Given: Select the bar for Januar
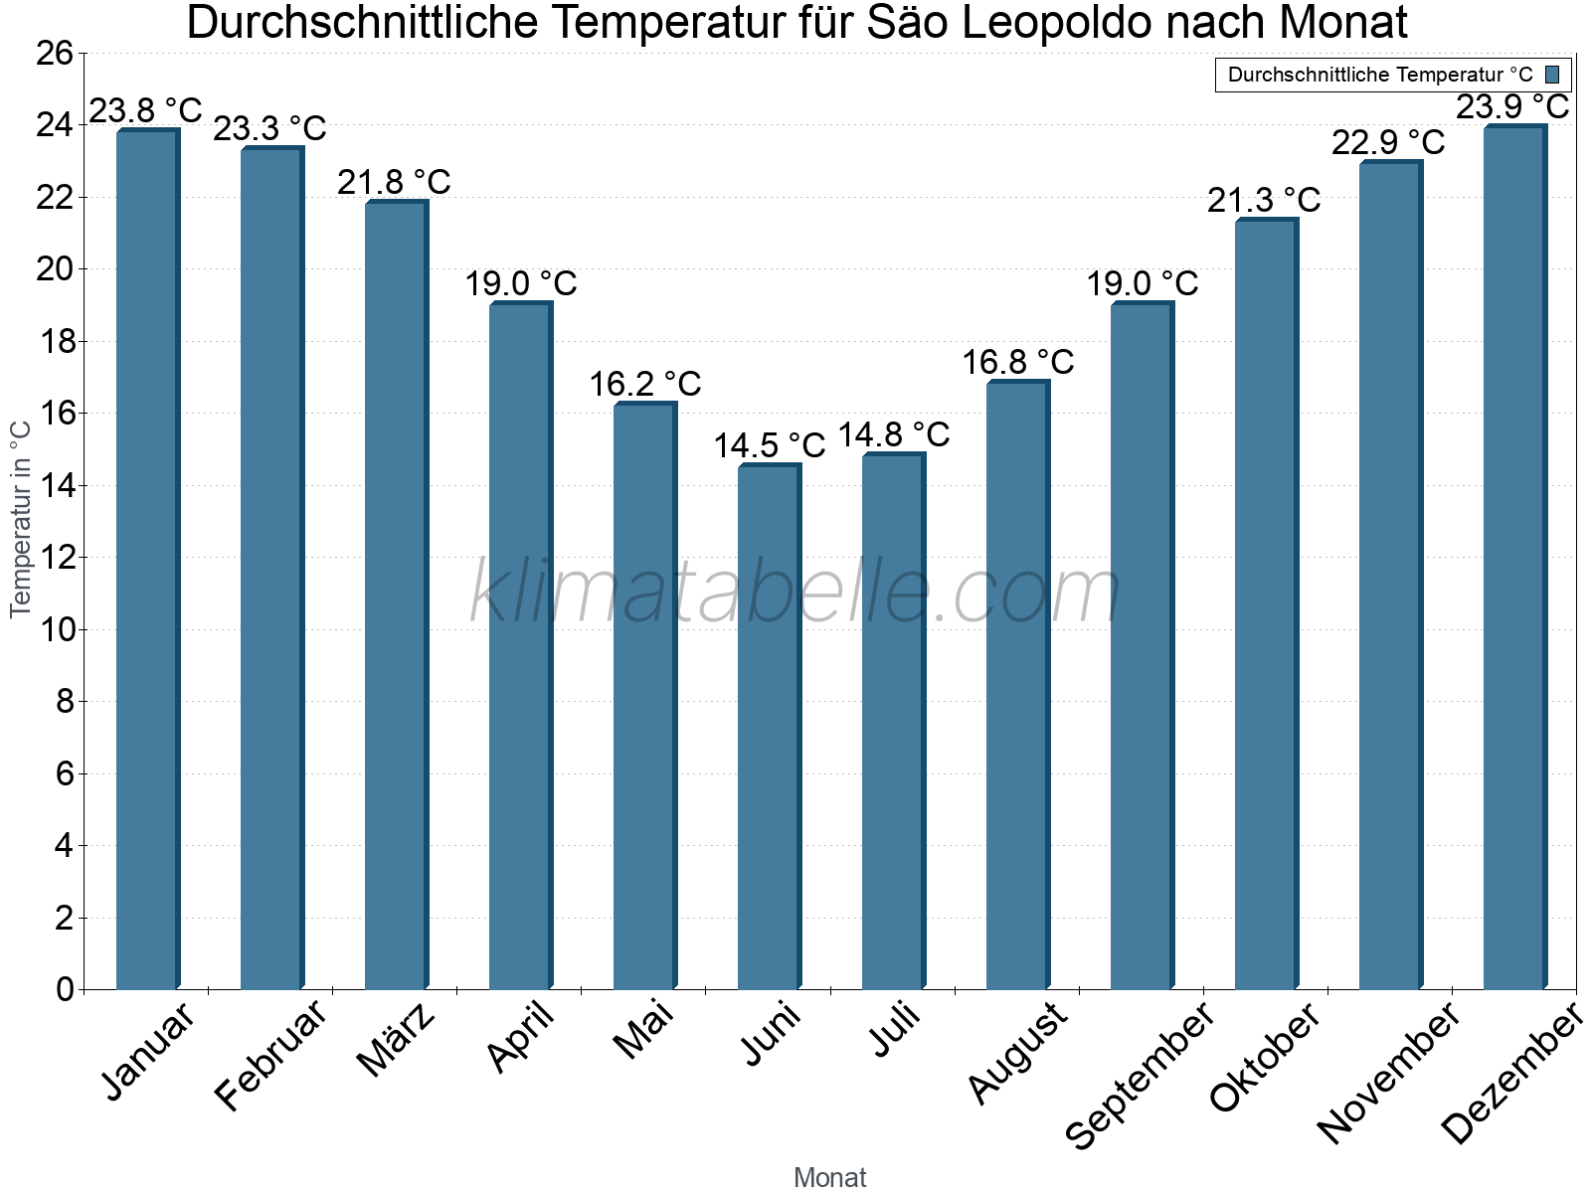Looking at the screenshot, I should click(147, 560).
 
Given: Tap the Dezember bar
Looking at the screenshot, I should click(1514, 558).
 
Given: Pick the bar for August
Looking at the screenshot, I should click(1017, 685).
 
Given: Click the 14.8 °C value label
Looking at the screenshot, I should click(894, 435).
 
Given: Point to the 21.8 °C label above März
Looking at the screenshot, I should click(394, 183).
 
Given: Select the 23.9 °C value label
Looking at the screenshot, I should click(1512, 106).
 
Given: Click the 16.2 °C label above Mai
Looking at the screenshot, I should click(645, 384).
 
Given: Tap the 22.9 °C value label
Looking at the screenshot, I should click(1388, 143).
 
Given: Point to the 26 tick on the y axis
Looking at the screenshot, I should click(55, 54).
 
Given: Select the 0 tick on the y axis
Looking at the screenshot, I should click(66, 989).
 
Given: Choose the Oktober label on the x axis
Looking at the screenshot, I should click(1265, 1058).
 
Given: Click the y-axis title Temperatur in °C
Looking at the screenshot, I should click(21, 519).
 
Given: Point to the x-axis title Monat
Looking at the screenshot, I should click(830, 1178).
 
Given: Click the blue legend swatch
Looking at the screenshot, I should click(1552, 75).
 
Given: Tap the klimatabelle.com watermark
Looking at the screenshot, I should click(795, 593).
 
